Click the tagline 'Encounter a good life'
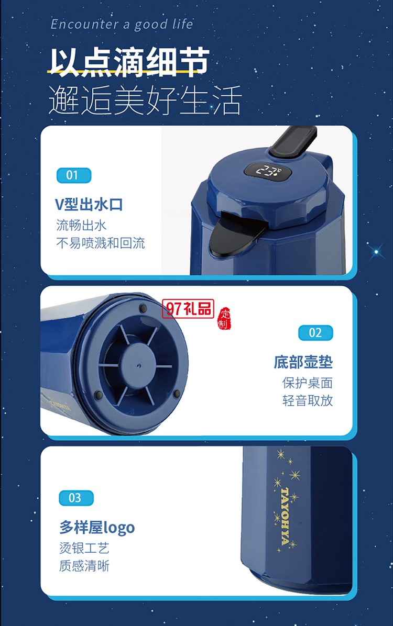[122, 24]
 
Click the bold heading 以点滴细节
[129, 62]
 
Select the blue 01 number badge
[73, 175]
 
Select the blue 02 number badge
[315, 332]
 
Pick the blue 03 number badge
[76, 498]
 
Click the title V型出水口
[89, 204]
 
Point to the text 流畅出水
[81, 225]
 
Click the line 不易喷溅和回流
[100, 243]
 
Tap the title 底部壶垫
[303, 362]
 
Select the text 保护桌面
[307, 383]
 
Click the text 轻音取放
[307, 400]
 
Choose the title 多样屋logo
[97, 528]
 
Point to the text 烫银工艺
[84, 548]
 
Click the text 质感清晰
[84, 566]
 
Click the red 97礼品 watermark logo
[188, 309]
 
